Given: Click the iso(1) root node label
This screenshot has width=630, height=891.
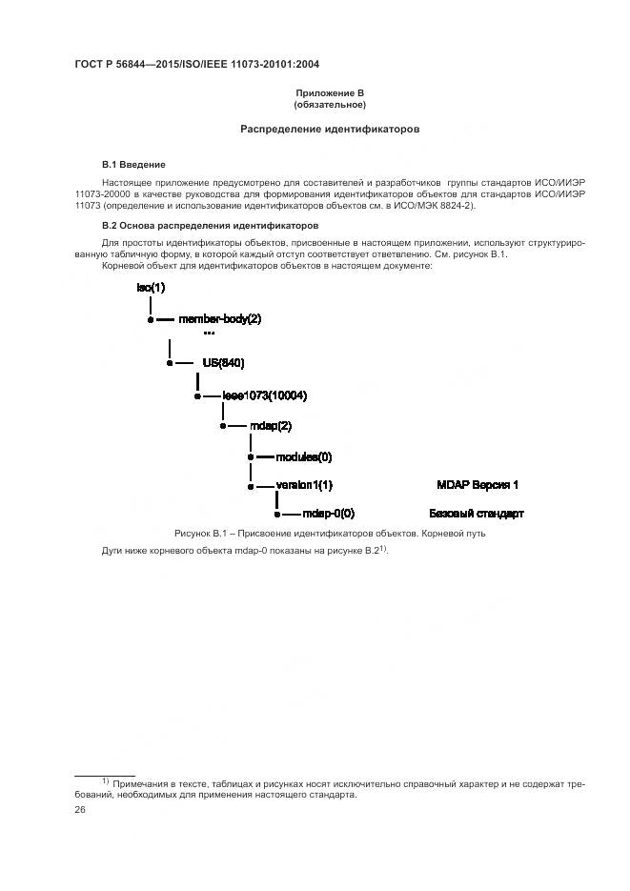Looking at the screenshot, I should tap(151, 287).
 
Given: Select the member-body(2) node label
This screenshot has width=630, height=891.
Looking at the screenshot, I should tap(219, 319).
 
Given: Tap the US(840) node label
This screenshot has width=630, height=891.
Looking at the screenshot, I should tap(225, 363).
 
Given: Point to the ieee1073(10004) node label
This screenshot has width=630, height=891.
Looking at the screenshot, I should tap(264, 395).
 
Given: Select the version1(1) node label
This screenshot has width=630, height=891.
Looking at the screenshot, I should tap(304, 485).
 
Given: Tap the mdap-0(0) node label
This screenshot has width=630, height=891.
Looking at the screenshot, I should tap(328, 514).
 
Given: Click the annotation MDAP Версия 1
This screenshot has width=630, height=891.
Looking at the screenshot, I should tap(477, 485).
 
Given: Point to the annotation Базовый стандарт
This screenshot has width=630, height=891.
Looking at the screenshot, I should tap(477, 514).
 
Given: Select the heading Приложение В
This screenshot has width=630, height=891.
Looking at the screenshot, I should tap(330, 92).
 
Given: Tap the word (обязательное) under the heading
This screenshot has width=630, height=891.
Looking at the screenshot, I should tap(330, 104).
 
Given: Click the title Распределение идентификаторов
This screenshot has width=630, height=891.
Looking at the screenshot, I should tap(330, 129).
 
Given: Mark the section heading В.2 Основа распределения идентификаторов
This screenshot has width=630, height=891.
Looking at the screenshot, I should tap(210, 226).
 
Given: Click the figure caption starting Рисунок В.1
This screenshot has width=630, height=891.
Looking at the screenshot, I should tap(330, 533).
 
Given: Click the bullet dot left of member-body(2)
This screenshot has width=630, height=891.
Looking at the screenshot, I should tap(150, 320).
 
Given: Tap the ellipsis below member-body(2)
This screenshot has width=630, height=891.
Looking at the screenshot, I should tap(209, 334).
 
